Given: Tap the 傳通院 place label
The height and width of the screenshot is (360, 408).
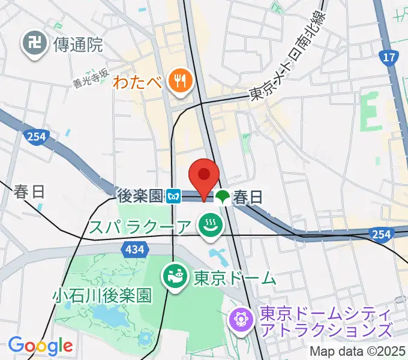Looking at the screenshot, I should [x=79, y=44].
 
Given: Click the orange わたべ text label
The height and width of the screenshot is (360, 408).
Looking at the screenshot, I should [x=138, y=81].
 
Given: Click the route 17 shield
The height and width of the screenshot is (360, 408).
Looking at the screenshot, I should [x=389, y=58].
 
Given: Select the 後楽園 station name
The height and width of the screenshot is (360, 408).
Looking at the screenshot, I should [x=140, y=196].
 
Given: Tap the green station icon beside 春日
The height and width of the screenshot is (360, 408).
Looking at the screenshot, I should [x=223, y=196].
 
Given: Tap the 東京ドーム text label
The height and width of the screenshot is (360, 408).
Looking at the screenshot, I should [x=235, y=278].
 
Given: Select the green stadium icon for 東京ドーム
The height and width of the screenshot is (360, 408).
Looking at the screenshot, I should [x=175, y=278].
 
